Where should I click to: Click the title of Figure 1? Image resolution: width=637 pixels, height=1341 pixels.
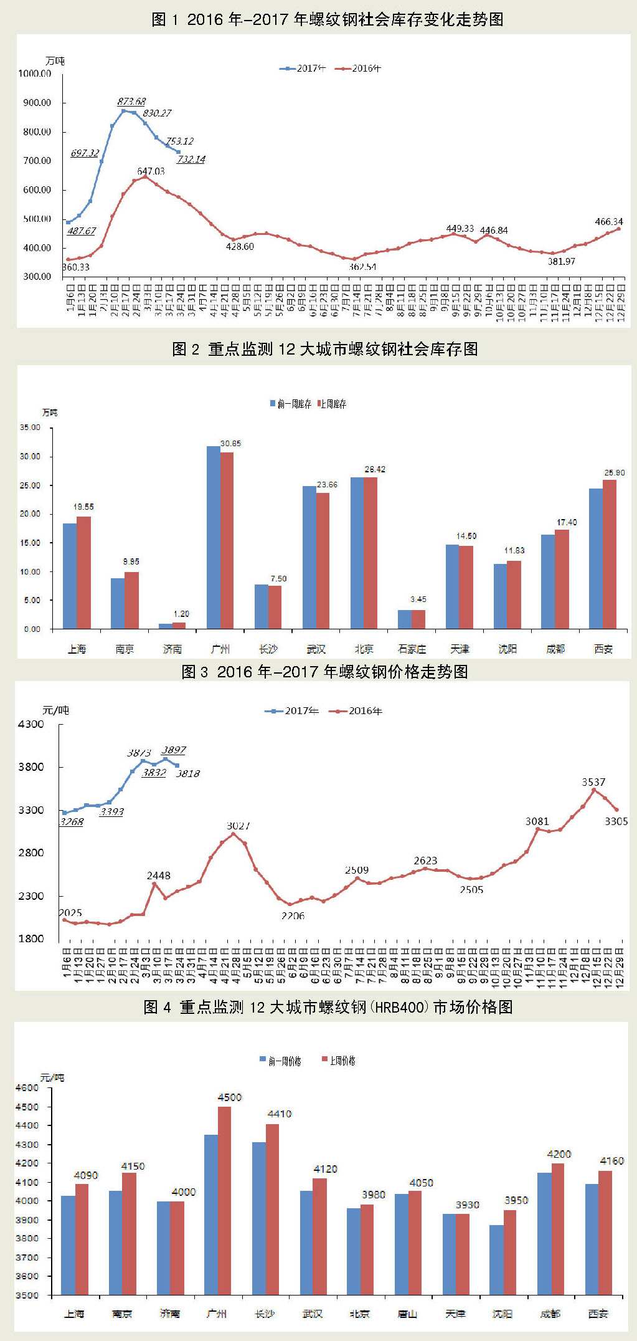click(327, 19)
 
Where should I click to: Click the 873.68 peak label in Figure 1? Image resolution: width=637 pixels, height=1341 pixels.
click(131, 101)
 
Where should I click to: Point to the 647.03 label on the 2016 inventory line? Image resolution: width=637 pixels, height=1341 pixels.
click(151, 171)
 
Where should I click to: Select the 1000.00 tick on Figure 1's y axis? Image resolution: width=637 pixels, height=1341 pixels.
click(35, 74)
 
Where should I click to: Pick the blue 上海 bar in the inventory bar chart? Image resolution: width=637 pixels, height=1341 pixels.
click(70, 576)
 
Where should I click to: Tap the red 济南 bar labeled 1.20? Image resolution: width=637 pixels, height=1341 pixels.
click(179, 625)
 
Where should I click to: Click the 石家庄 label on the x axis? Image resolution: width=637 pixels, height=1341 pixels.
click(412, 649)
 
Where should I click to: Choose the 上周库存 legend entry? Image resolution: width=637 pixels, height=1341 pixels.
click(332, 404)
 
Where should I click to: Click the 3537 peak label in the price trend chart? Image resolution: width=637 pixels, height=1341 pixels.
click(593, 782)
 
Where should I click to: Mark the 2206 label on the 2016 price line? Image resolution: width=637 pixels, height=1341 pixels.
click(293, 915)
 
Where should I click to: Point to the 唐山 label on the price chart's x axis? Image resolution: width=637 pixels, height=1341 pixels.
click(407, 1314)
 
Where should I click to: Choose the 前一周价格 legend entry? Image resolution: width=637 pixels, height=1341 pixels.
click(281, 1061)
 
